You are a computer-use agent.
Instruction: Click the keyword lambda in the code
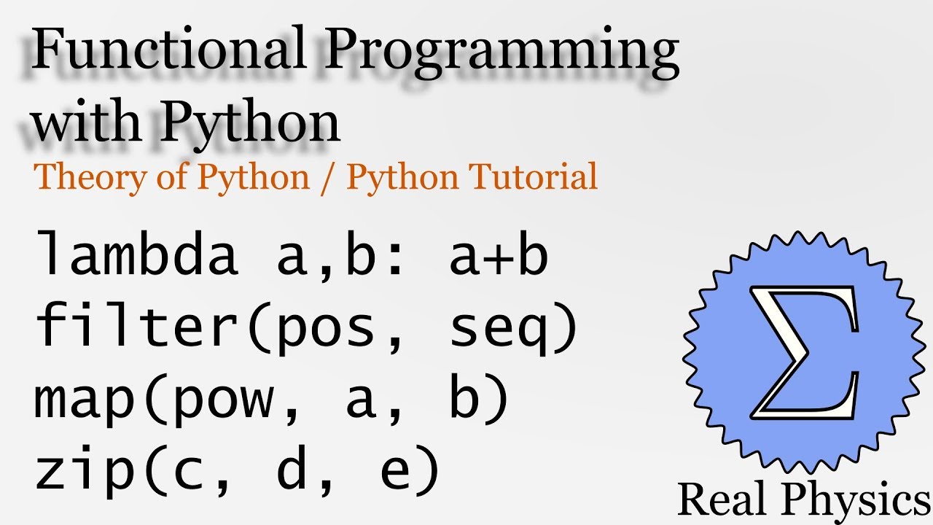(137, 254)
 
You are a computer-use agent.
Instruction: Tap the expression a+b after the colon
(498, 254)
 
